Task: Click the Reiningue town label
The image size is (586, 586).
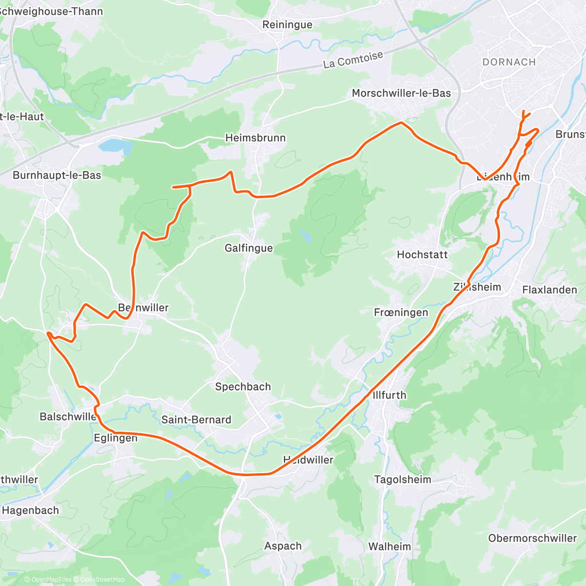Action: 287,24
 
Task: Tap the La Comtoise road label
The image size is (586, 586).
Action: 353,60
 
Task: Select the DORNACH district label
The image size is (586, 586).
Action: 509,62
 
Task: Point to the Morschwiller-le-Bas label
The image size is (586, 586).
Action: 401,93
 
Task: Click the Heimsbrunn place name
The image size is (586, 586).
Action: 255,138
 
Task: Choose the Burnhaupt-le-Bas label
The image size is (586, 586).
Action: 57,175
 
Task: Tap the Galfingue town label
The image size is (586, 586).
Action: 249,248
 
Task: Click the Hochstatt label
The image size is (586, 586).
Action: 422,254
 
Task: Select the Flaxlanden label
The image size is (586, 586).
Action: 549,290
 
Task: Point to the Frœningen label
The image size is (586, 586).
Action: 401,313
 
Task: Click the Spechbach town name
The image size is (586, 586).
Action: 243,387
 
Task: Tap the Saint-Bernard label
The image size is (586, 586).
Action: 196,419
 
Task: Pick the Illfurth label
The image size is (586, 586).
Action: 389,395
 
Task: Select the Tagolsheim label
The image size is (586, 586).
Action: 402,480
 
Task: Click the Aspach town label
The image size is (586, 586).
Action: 283,546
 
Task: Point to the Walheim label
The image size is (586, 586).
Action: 390,546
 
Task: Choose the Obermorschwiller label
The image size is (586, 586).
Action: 532,538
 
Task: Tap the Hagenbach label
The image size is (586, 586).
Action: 30,510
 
